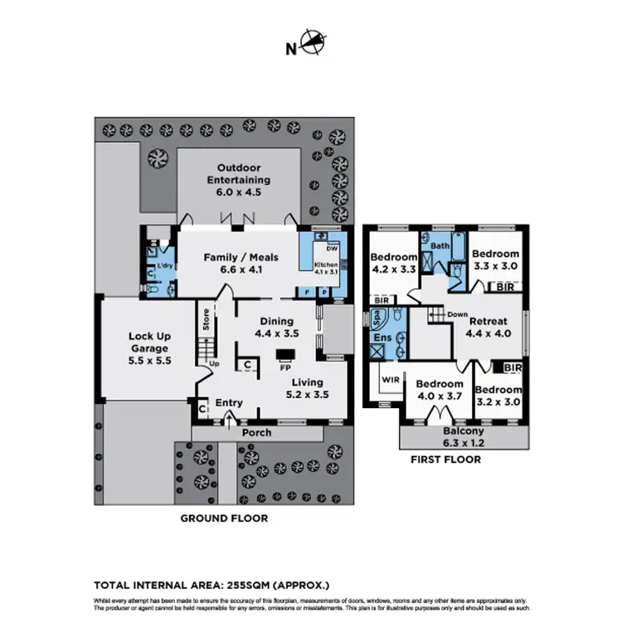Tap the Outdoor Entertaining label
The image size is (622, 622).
coord(239,180)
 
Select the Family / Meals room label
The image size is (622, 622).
coord(241,263)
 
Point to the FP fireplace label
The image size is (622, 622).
coord(284,367)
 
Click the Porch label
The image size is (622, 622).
coord(255,433)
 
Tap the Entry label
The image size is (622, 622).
coord(229,403)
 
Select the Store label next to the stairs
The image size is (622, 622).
coord(207,319)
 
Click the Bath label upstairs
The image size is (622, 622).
coord(439,246)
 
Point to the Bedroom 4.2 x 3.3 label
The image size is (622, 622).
coord(393,263)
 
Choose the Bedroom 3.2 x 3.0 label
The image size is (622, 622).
coord(499,396)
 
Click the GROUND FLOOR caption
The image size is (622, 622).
coord(224,518)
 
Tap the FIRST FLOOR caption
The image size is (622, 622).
coord(445,459)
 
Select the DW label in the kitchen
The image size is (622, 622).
coord(332,248)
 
